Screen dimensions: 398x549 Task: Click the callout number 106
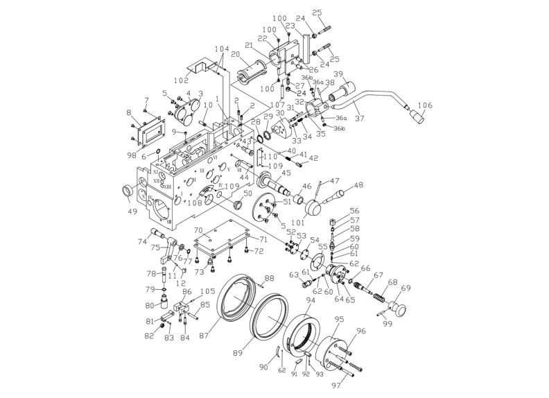[x=424, y=105]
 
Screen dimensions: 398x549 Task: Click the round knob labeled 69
[x=400, y=305]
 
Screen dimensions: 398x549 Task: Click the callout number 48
[x=358, y=185]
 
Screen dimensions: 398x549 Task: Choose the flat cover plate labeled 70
[x=220, y=239]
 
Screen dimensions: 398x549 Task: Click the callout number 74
[x=143, y=242]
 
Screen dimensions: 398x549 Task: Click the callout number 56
[x=354, y=210]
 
